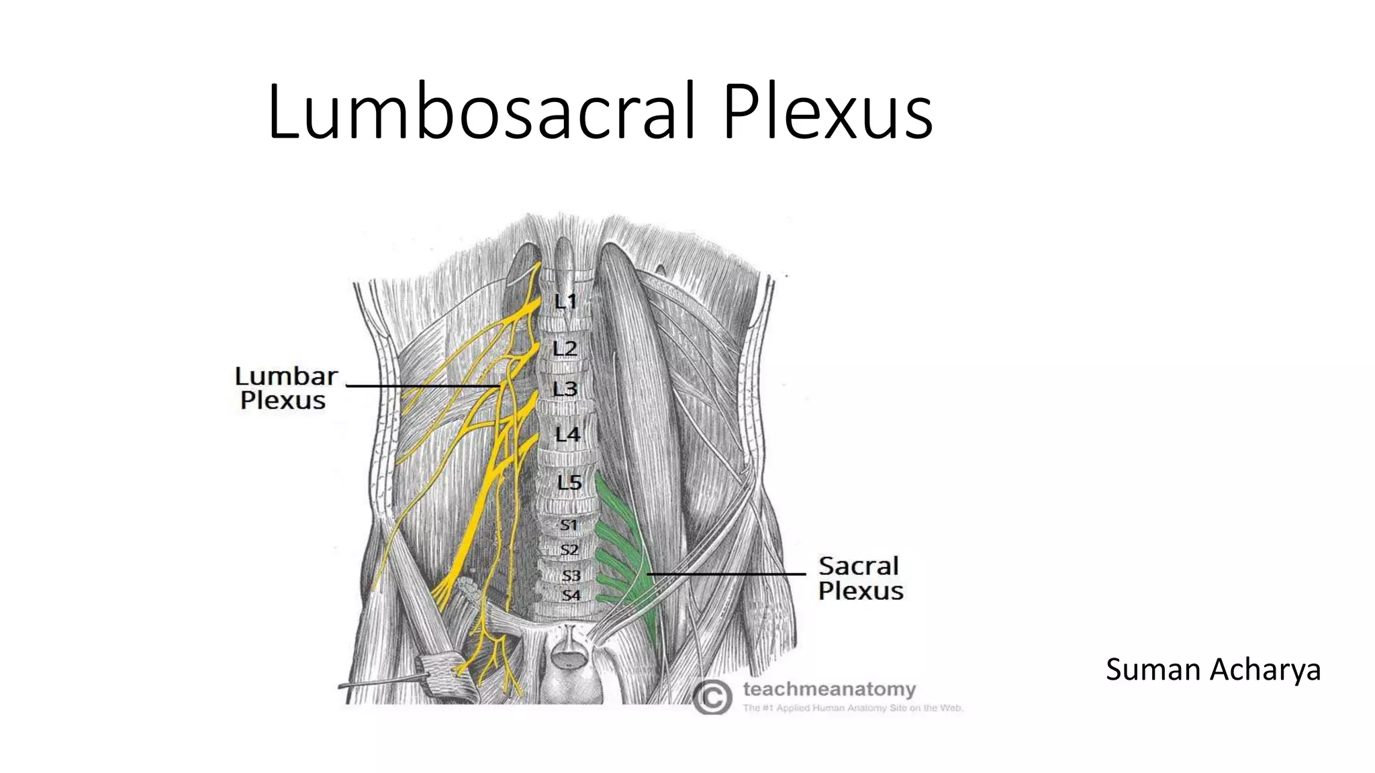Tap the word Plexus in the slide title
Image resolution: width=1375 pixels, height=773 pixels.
point(827,111)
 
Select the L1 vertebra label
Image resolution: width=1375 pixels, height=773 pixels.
point(565,301)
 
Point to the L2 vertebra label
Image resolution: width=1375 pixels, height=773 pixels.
point(565,348)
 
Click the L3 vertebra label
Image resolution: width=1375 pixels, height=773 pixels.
point(565,389)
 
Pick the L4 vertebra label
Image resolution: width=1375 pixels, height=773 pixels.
point(567,435)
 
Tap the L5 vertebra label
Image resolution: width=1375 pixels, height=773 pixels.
point(569,482)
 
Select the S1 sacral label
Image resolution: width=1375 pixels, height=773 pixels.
point(569,525)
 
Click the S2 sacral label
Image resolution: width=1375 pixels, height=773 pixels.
point(569,550)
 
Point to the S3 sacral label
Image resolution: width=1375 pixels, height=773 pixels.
point(571,575)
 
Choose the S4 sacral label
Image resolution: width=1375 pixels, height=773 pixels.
point(571,595)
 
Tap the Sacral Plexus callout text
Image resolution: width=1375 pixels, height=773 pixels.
point(860,578)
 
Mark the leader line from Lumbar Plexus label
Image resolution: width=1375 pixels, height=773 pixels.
point(423,386)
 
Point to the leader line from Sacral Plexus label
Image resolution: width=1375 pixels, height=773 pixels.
point(725,574)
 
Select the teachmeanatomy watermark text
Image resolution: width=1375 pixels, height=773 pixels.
point(829,689)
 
